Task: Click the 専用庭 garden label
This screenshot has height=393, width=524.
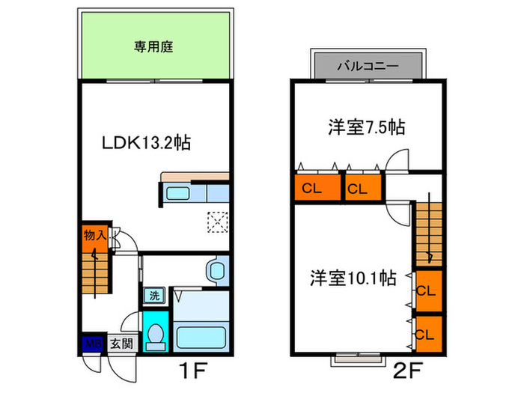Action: (x=153, y=46)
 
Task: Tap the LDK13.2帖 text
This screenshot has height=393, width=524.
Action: (x=146, y=143)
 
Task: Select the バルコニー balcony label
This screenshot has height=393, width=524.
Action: (x=368, y=66)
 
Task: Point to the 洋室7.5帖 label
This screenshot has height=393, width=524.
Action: (x=367, y=127)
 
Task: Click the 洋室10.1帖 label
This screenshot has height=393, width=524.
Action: (x=353, y=278)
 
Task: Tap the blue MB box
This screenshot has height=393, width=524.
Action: (x=93, y=344)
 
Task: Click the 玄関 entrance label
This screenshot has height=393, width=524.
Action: (x=122, y=344)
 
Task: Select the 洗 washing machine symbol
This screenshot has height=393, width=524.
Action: (x=154, y=296)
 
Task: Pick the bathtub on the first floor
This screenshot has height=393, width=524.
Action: (x=201, y=338)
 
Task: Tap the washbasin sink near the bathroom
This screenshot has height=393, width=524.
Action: (x=218, y=270)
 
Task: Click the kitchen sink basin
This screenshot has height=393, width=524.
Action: (x=178, y=193)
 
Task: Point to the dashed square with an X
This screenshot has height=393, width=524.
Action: (x=218, y=222)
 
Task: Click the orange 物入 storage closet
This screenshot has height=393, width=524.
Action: (x=95, y=237)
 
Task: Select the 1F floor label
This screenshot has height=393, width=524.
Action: (x=193, y=371)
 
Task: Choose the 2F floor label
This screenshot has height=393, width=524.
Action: (x=408, y=371)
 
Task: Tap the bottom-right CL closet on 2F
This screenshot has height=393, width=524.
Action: (x=429, y=334)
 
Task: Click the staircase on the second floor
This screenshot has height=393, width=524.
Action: (x=429, y=234)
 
